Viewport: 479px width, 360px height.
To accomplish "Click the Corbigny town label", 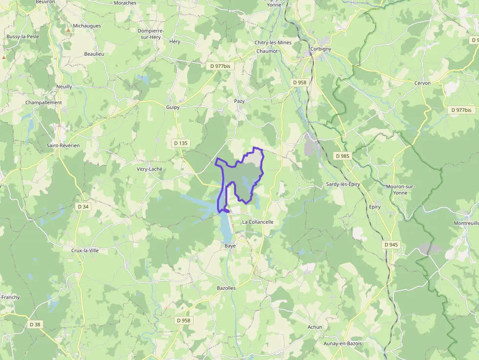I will (321, 49).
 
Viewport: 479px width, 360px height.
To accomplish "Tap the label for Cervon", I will (422, 83).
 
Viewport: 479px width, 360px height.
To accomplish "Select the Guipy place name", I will (173, 107).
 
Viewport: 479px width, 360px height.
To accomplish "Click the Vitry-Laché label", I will (149, 169).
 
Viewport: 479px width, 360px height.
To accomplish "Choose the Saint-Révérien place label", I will (63, 146).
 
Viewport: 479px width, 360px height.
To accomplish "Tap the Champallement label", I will (44, 103).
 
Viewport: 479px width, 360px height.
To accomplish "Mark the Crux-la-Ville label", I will (85, 250).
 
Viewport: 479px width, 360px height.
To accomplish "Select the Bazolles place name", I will (226, 288).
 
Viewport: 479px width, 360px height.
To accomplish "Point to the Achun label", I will (315, 327).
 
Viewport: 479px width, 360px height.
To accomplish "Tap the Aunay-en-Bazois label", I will (343, 343).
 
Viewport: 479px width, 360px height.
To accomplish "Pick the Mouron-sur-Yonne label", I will (400, 190).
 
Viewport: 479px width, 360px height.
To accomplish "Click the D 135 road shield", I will (180, 143).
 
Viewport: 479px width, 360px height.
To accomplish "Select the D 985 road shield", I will (343, 156).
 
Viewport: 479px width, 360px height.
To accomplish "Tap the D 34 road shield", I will (83, 207).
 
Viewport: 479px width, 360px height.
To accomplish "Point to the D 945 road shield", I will (391, 244).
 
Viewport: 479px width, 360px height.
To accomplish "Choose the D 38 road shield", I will (35, 324).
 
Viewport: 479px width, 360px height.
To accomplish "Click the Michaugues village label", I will (87, 25).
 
